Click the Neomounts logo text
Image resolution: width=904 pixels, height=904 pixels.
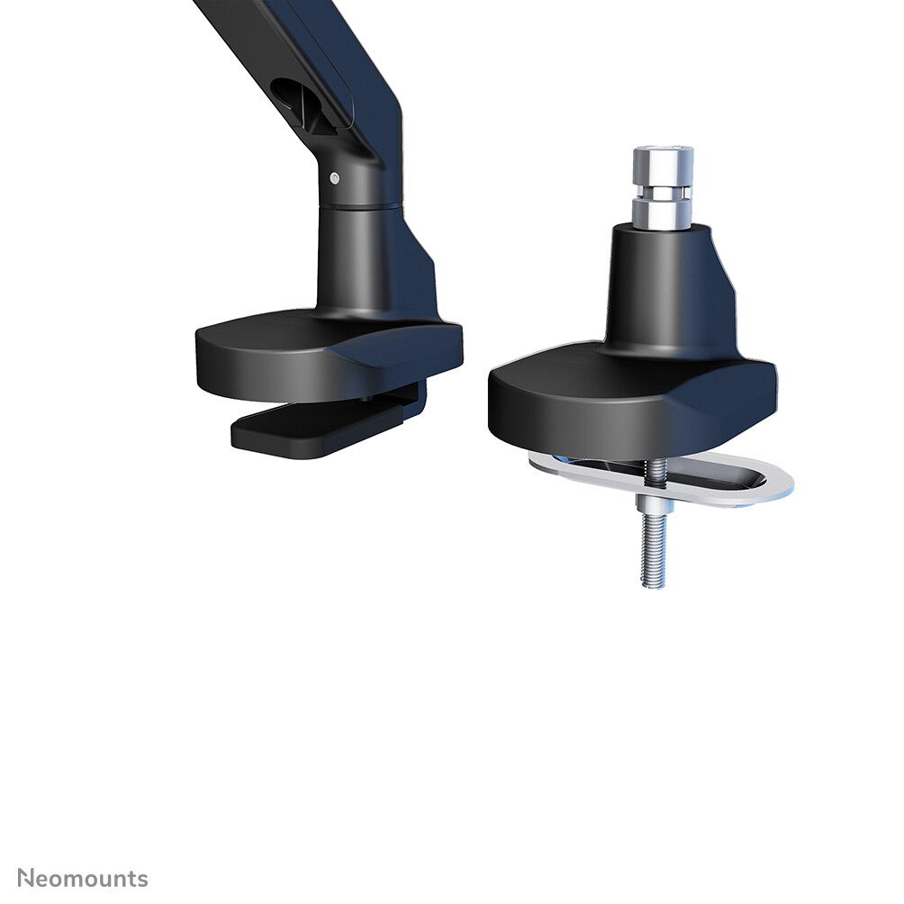point(83,879)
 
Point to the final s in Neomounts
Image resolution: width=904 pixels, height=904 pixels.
point(142,880)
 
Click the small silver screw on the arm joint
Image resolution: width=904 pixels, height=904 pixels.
point(335,177)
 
